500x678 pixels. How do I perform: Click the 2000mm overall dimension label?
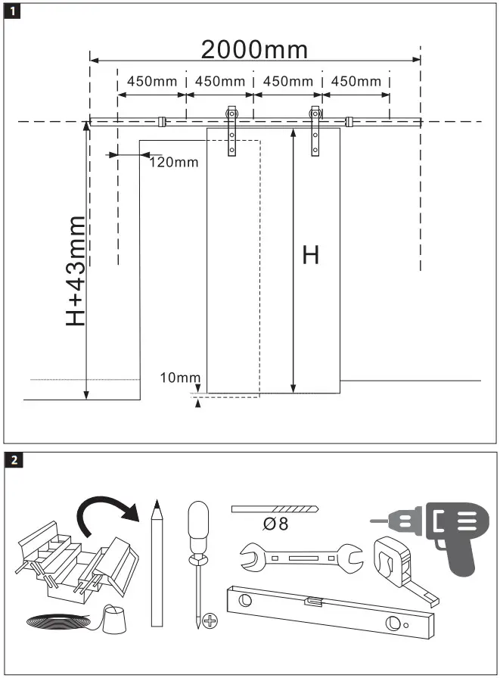[254, 49]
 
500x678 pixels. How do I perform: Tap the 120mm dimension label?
[173, 161]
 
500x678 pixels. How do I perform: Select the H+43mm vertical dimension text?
[76, 270]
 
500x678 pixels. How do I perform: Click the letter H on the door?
[310, 255]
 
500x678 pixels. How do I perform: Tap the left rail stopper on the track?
[161, 121]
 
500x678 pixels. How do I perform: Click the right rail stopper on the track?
[349, 121]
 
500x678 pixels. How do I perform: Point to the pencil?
[157, 563]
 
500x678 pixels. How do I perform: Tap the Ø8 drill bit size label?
[278, 524]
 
